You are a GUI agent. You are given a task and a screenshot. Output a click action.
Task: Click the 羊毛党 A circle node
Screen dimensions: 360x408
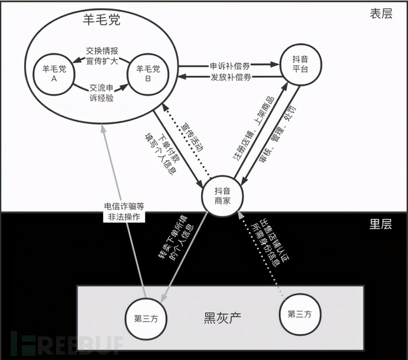pyautogui.click(x=54, y=74)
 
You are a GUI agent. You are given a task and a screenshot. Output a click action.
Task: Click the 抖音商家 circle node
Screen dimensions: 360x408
pyautogui.click(x=223, y=196)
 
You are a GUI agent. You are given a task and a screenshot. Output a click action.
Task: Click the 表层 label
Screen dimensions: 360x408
pyautogui.click(x=381, y=14)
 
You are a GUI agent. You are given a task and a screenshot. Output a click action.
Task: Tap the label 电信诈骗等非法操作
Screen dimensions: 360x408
pyautogui.click(x=124, y=212)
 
